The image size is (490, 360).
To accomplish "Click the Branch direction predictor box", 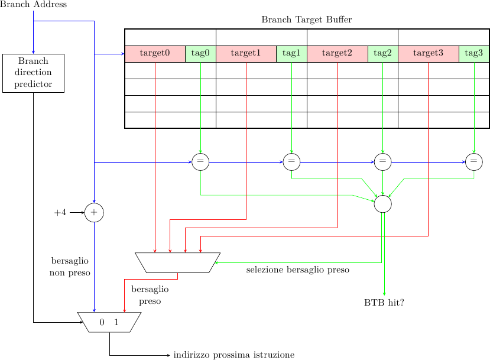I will click(33, 73).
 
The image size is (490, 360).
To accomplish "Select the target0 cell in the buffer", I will click(155, 53).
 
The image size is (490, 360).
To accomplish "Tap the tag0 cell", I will click(200, 53).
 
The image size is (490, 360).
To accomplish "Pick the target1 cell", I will click(246, 53).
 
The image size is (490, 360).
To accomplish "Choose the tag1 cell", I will click(291, 53).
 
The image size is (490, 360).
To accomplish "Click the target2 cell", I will click(337, 53).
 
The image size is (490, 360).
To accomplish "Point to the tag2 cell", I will click(382, 53).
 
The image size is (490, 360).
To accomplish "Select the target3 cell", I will click(428, 53).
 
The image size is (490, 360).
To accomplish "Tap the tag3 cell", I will click(473, 53).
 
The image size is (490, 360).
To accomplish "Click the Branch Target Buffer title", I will click(306, 20).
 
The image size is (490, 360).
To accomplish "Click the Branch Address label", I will click(33, 5).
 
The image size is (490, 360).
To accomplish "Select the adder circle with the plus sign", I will click(94, 212).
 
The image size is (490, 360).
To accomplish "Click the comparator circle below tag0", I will click(200, 161).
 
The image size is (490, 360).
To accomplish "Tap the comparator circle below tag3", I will click(473, 161).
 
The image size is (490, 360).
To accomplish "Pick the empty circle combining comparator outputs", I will click(382, 203).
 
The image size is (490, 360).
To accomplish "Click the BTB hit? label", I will click(384, 303).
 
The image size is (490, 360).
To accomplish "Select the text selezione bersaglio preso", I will click(297, 270).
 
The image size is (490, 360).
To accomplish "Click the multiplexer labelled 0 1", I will click(109, 322).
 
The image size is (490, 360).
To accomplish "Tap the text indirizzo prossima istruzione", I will click(233, 355).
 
